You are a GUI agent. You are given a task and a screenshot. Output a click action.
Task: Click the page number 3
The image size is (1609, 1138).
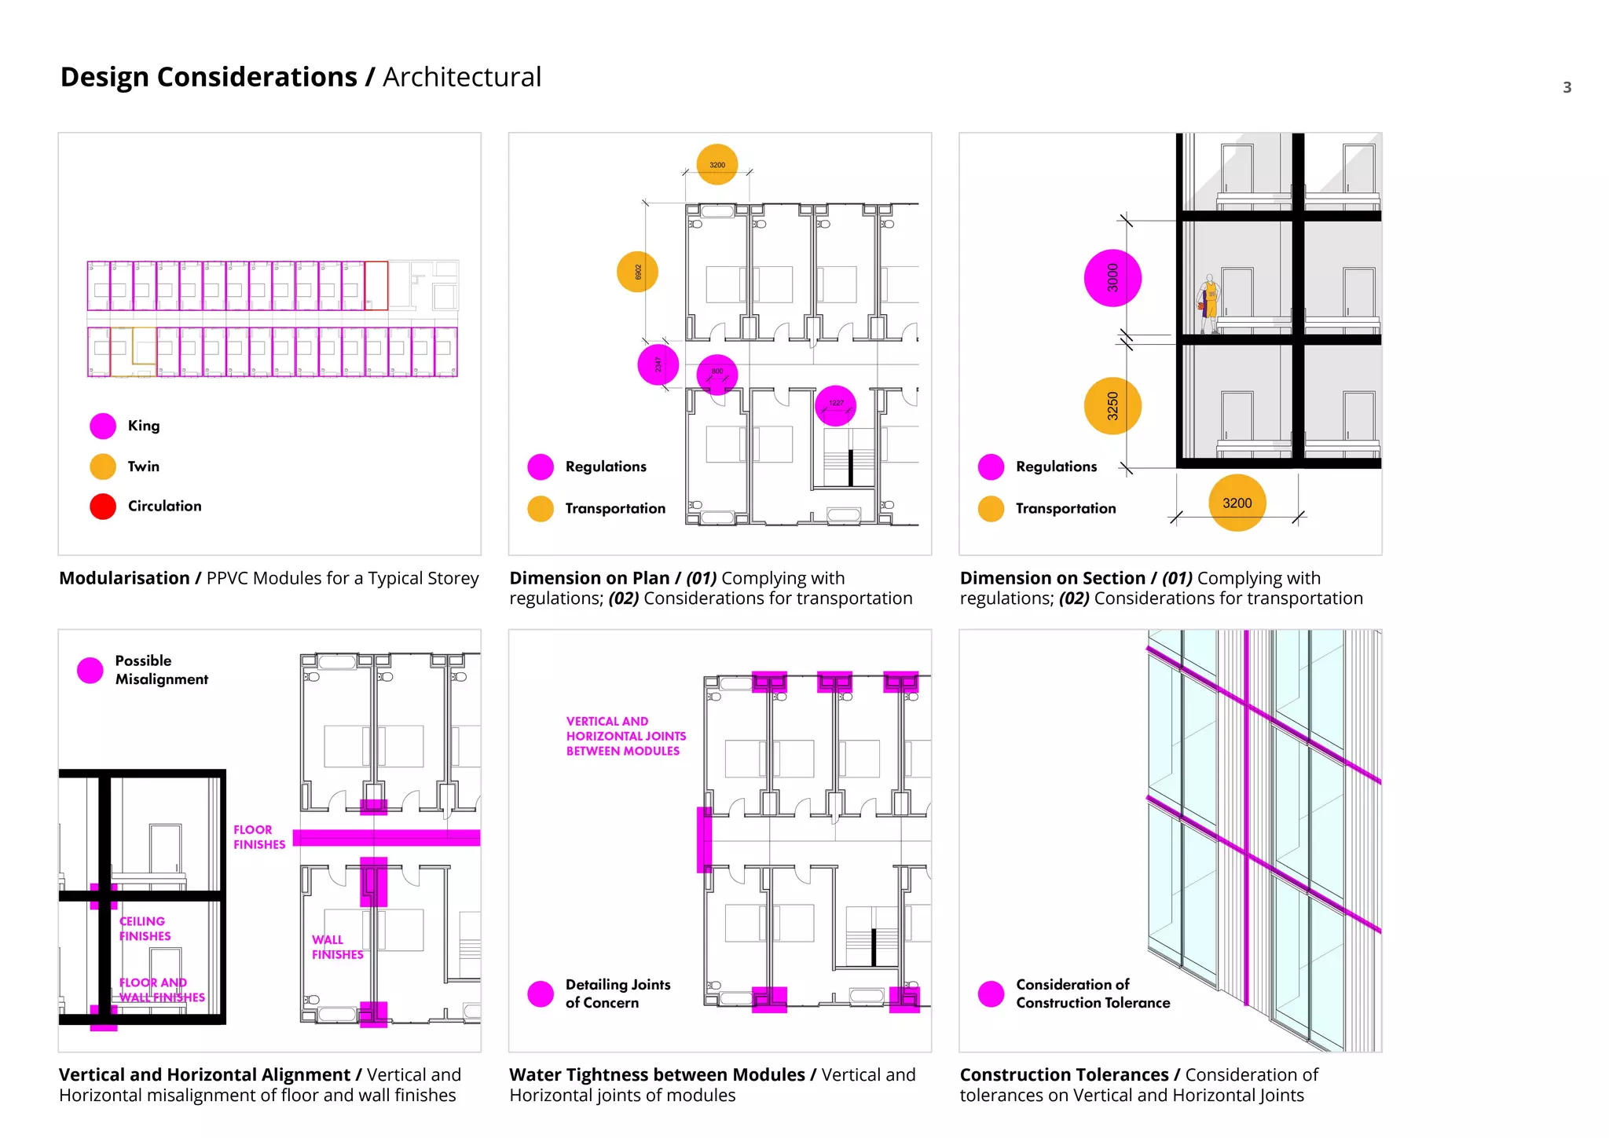click(1567, 87)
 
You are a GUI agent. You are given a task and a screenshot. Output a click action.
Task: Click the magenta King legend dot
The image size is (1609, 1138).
click(103, 426)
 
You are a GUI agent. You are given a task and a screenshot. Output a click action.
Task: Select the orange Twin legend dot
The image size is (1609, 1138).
click(103, 467)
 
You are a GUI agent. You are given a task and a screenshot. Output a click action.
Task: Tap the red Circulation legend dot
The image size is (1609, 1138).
click(103, 507)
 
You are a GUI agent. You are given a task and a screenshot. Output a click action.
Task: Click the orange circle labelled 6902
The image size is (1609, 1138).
click(637, 272)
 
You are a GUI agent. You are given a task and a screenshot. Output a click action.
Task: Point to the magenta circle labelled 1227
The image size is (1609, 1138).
click(835, 404)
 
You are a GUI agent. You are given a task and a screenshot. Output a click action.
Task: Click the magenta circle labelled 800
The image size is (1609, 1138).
click(717, 374)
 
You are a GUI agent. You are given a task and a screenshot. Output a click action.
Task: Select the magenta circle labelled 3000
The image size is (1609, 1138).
click(1112, 278)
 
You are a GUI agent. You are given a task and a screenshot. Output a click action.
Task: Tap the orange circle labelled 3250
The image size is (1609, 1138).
click(1112, 406)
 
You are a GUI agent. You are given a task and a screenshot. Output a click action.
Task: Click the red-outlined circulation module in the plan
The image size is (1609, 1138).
click(376, 286)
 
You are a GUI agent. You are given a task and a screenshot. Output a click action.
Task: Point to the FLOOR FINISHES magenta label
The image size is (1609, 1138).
click(259, 837)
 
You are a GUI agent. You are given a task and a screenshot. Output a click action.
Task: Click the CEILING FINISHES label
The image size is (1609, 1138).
click(145, 928)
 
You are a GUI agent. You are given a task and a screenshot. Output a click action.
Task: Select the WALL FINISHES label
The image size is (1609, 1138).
click(337, 947)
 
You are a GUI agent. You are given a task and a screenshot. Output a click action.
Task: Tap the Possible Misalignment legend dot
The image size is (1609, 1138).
click(90, 670)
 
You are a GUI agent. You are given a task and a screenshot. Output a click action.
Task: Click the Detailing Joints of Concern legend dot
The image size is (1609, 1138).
click(541, 993)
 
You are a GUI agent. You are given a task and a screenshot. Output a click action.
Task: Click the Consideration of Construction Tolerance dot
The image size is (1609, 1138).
click(991, 993)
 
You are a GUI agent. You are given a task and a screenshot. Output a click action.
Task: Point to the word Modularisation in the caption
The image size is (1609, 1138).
click(124, 578)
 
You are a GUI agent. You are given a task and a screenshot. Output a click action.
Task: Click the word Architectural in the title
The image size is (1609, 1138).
click(462, 77)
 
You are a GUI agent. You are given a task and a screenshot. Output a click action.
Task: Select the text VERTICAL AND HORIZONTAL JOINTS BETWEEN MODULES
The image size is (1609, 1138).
click(625, 736)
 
